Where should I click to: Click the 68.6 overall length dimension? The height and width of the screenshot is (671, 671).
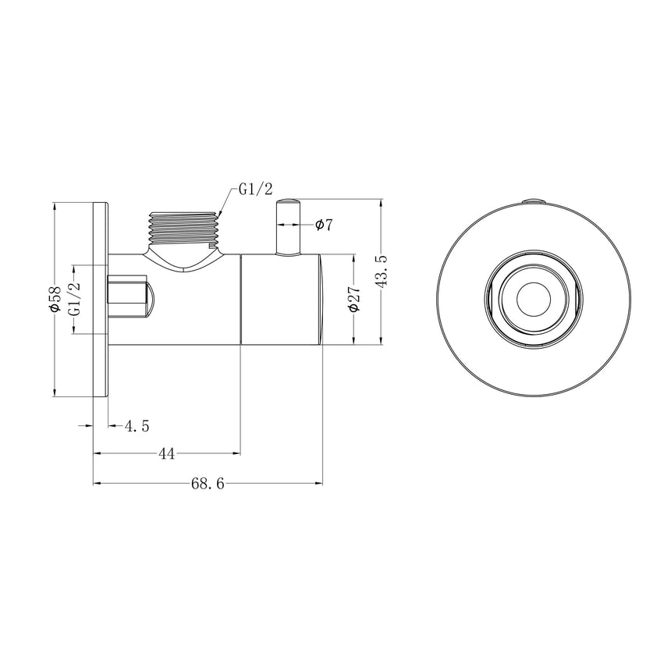(208, 484)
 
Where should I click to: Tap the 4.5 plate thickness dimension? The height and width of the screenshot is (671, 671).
(137, 425)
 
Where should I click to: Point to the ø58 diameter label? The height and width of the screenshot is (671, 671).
(55, 300)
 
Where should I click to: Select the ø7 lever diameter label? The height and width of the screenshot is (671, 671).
(324, 225)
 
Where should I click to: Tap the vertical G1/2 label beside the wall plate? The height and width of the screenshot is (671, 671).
(75, 300)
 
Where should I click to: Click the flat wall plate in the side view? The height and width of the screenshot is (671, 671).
(101, 300)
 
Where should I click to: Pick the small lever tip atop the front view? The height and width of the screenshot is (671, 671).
(533, 201)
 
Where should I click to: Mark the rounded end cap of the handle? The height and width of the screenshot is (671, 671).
(321, 300)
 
